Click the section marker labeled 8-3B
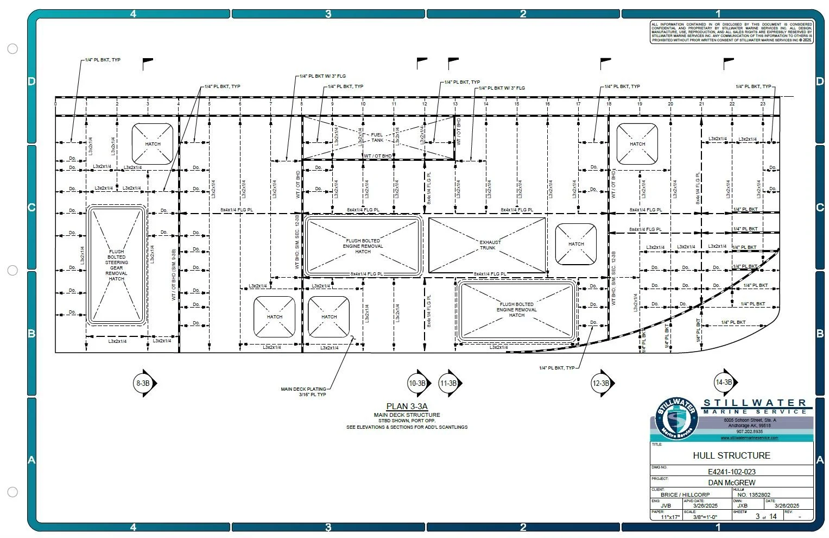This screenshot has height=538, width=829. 143,383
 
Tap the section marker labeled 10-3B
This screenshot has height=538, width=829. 417,383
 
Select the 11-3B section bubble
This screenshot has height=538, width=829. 449,383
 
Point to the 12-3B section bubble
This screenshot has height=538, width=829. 600,383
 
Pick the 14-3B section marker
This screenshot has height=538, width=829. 724,382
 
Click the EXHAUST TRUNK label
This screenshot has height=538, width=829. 490,245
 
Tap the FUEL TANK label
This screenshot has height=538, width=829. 377,137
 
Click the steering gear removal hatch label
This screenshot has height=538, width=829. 116,265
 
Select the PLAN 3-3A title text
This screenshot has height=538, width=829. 407,406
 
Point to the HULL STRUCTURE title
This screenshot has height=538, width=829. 731,455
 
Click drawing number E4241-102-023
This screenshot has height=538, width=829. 731,472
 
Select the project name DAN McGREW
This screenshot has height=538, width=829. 731,483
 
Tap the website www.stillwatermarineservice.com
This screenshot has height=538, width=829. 749,437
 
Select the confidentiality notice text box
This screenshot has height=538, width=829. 731,32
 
